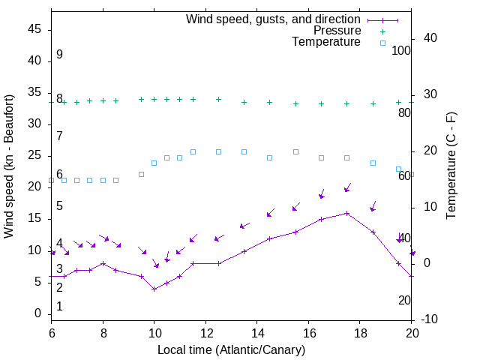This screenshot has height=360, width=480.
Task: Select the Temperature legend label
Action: point(326,43)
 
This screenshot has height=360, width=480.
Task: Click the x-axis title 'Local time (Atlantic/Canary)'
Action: point(231,349)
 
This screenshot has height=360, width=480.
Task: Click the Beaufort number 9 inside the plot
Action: point(59,55)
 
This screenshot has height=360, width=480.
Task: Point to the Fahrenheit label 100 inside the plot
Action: point(402,51)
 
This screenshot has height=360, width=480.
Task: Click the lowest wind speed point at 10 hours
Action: point(154,289)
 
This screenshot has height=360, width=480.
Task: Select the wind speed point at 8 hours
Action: point(103,263)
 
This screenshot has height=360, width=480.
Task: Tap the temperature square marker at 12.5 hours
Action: point(218,151)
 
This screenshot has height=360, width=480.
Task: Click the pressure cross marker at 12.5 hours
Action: point(218,99)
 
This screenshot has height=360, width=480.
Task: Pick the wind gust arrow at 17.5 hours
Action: point(347,188)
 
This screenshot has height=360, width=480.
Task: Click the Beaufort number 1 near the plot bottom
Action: point(59,306)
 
